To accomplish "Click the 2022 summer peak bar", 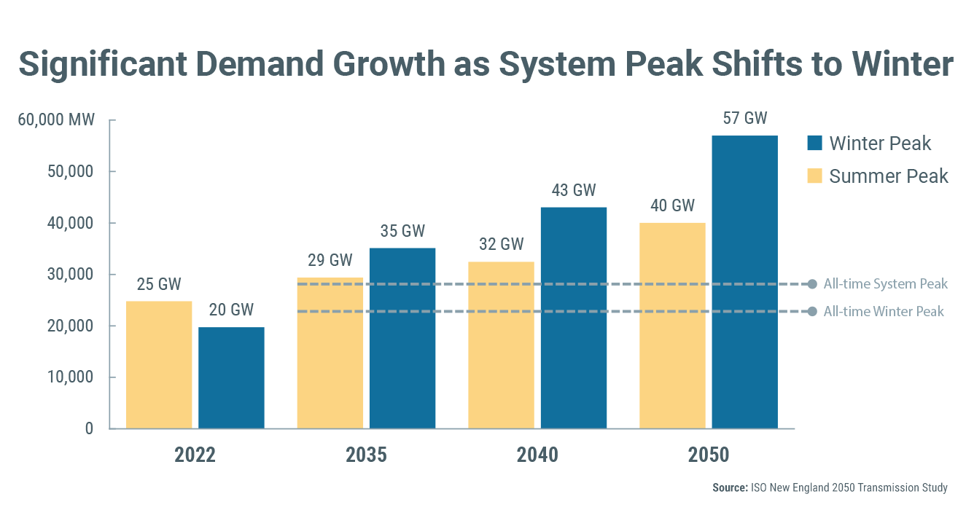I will [159, 364].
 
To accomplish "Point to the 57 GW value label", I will [744, 118].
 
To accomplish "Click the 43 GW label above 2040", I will [573, 191].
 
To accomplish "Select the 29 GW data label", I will [330, 260].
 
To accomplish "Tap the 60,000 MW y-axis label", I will [56, 119].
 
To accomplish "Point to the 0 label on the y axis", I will [89, 428].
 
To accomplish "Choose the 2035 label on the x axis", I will [366, 455].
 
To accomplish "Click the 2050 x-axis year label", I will [709, 455].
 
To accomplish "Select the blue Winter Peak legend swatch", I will [815, 143].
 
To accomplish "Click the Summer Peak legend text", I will [889, 176].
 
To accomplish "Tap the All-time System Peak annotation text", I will [885, 284].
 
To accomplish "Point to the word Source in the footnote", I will [729, 488].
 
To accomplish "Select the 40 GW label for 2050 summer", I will [672, 205].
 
